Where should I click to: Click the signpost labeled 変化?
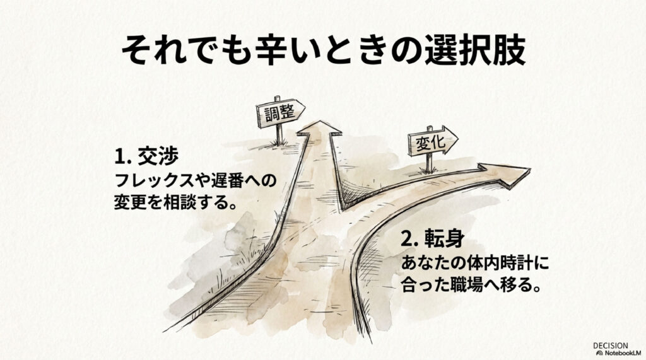coord(431,144)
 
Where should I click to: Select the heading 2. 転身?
coord(434,240)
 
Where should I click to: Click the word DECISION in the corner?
coord(610,345)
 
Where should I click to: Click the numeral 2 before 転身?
coord(406,241)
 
